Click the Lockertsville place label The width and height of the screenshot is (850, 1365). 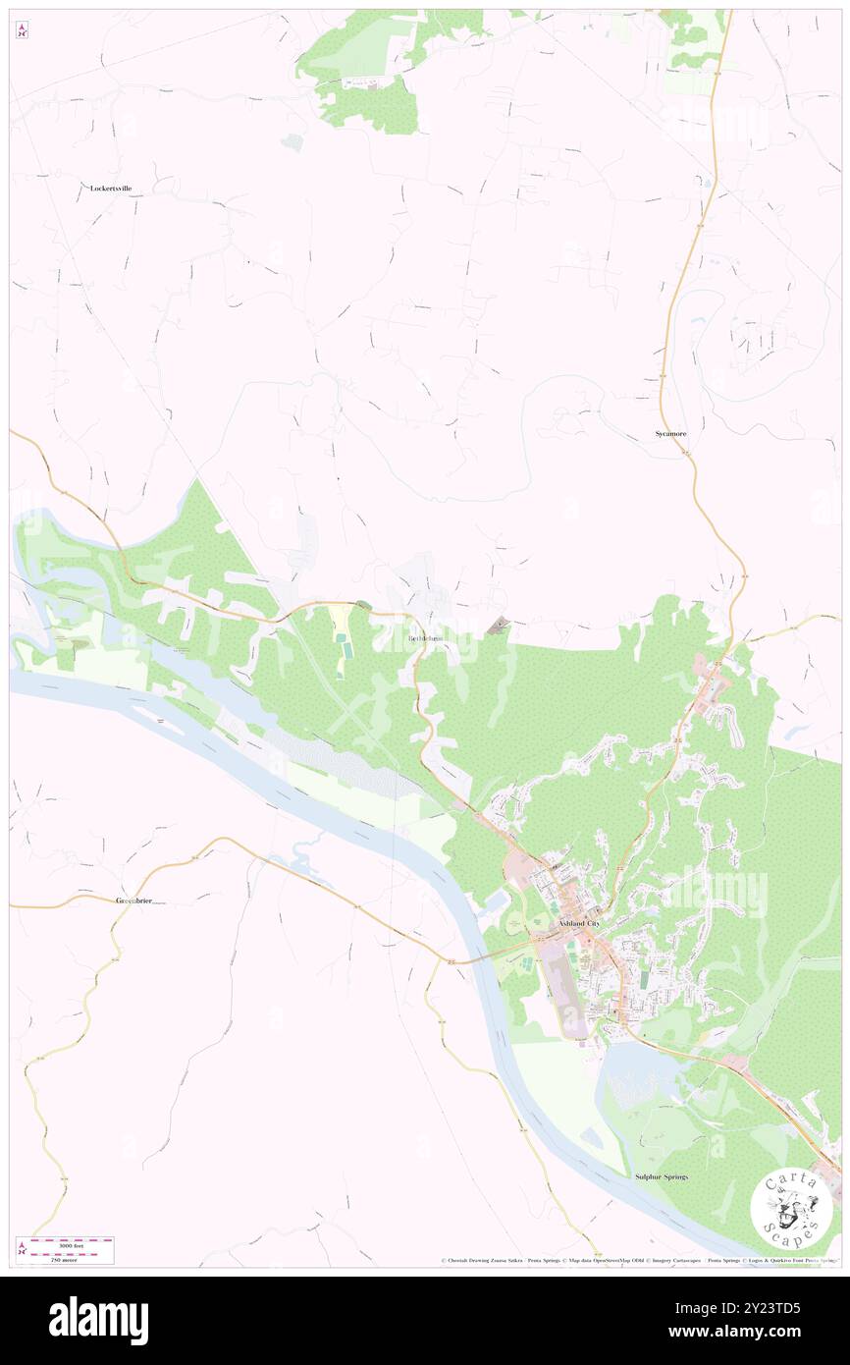(111, 188)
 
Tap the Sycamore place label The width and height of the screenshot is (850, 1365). (671, 433)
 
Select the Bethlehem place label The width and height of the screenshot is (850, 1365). (425, 638)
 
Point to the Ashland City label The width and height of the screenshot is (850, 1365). (578, 924)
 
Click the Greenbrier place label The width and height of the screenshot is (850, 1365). (134, 900)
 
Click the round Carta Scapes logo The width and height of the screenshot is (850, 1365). (791, 1206)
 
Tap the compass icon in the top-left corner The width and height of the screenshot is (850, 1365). (22, 31)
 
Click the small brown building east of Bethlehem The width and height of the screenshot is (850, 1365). (500, 624)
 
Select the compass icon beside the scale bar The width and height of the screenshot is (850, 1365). (22, 1249)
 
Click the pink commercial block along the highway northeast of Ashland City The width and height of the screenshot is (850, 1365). (708, 688)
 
